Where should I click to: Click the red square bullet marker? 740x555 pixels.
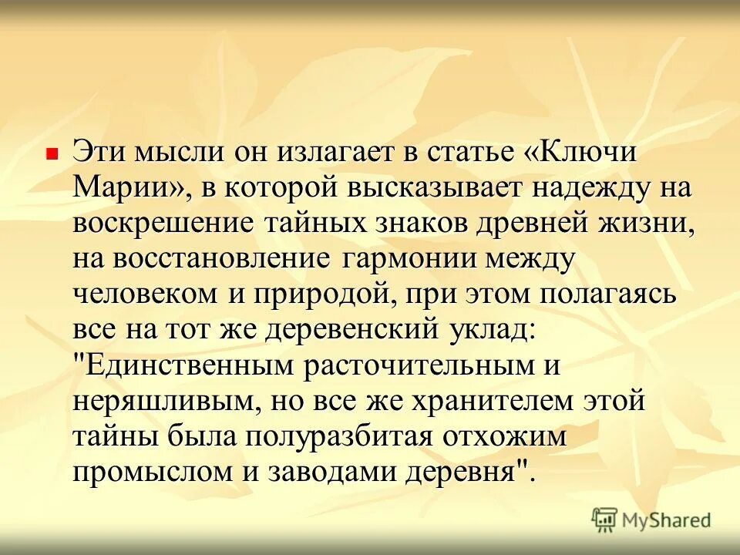click(53, 154)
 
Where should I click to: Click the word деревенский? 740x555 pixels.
click(353, 330)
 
